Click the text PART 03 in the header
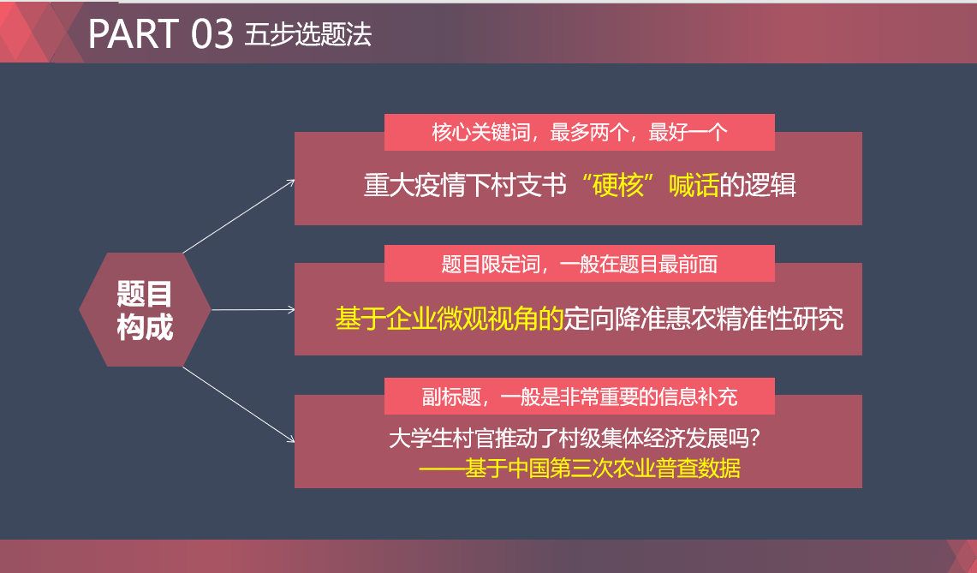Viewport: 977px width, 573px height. [x=161, y=34]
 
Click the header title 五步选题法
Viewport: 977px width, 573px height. [x=308, y=34]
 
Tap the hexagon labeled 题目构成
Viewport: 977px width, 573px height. [x=145, y=310]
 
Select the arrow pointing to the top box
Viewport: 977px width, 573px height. [x=239, y=217]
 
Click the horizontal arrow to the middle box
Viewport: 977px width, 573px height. [x=253, y=309]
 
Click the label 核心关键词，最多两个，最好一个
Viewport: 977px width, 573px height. [x=579, y=133]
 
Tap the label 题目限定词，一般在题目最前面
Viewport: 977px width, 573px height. [x=579, y=264]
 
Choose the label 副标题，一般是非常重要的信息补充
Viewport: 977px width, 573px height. [x=579, y=397]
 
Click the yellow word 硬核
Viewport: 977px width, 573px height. [x=619, y=186]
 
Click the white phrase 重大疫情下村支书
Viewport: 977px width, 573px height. [x=466, y=186]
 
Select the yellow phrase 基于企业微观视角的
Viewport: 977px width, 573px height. [x=449, y=318]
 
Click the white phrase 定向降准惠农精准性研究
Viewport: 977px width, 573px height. [x=703, y=318]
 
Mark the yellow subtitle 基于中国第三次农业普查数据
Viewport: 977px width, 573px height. [x=603, y=469]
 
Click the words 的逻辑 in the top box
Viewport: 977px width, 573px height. [x=758, y=186]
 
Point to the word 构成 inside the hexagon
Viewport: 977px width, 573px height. [x=145, y=326]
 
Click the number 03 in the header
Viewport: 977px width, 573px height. [x=212, y=34]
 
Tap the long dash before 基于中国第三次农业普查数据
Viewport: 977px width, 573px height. [x=442, y=469]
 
